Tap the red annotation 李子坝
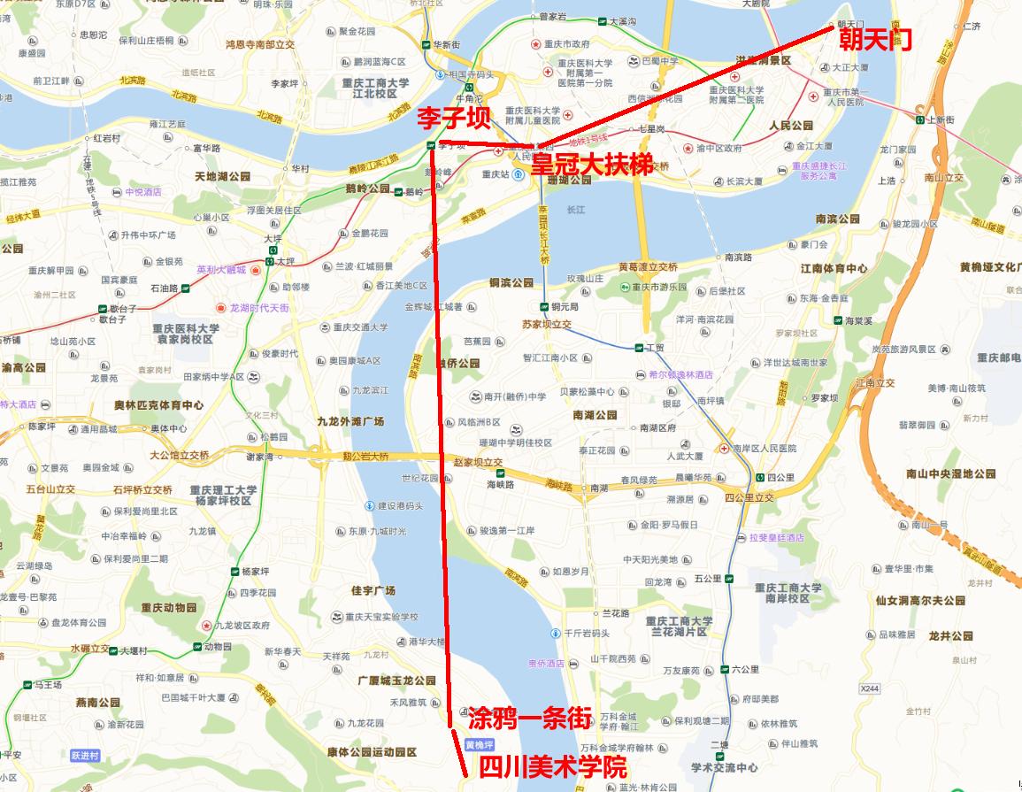[x=454, y=118]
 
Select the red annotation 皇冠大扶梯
[x=592, y=165]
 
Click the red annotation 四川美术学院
[x=552, y=767]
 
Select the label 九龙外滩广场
[x=350, y=422]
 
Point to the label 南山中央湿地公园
[x=951, y=474]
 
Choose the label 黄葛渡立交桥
[x=648, y=267]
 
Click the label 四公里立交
[x=749, y=497]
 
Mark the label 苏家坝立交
[x=547, y=325]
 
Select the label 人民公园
[x=791, y=126]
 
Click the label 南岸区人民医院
[x=765, y=449]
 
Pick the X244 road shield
[x=872, y=688]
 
